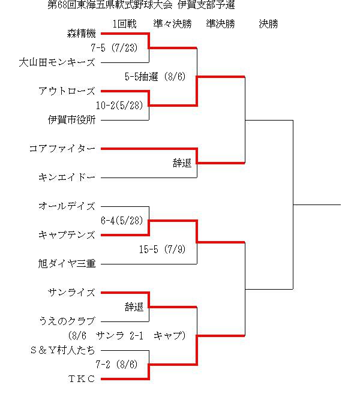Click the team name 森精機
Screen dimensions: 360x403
[81, 34]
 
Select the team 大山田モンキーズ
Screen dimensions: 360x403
[57, 62]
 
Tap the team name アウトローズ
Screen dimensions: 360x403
[67, 91]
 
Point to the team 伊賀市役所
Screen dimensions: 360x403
[72, 120]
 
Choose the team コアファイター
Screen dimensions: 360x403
[62, 149]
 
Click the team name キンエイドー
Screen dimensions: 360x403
[67, 178]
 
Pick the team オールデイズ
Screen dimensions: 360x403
[67, 206]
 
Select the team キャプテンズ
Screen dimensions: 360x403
[67, 235]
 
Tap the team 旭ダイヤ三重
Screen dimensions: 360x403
[67, 264]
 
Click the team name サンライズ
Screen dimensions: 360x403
[72, 293]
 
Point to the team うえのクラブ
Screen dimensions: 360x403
[67, 321]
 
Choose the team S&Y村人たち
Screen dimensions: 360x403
[62, 350]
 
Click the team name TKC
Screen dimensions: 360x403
[82, 379]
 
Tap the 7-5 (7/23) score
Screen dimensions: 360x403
[114, 48]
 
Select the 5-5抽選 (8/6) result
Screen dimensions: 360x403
[155, 77]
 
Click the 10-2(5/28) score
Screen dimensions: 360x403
[119, 106]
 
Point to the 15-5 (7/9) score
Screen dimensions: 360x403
[162, 249]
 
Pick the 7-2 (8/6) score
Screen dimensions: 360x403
[116, 365]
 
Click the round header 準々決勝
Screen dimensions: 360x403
[173, 24]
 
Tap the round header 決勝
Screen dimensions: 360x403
[268, 24]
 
